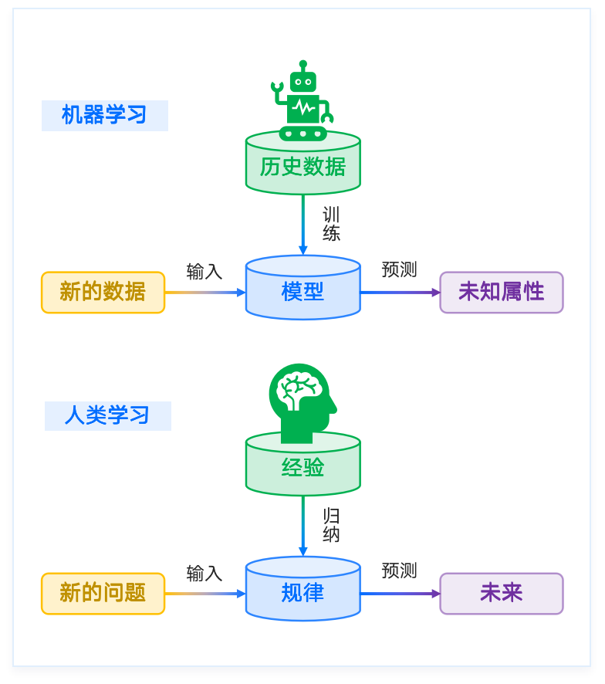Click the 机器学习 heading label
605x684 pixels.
pos(104,116)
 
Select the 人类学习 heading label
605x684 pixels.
pos(107,415)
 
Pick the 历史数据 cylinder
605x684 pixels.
pos(302,167)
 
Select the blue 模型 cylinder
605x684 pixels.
pos(302,291)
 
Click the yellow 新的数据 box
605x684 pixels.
pos(103,292)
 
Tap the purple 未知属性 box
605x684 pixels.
pos(501,292)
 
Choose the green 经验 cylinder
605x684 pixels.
pos(302,468)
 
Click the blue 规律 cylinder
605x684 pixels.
pos(302,592)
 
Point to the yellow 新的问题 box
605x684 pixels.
pos(103,593)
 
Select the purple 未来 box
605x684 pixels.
pos(501,593)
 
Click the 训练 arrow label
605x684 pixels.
pos(331,223)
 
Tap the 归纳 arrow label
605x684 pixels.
pos(331,524)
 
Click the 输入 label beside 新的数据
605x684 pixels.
pos(204,272)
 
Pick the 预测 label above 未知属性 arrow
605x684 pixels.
pos(399,269)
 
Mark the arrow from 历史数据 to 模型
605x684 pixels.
pos(302,224)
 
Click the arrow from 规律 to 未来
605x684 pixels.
pos(400,594)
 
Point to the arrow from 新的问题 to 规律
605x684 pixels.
pos(204,594)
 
